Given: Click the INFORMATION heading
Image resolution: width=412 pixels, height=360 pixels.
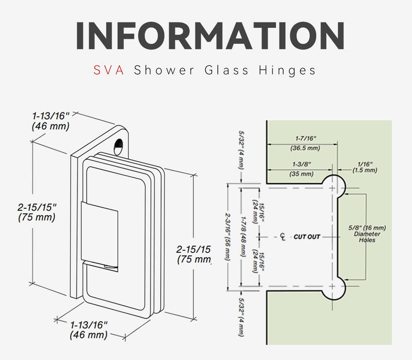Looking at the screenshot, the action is pyautogui.click(x=210, y=36).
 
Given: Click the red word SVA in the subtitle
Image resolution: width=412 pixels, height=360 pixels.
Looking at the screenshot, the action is pyautogui.click(x=109, y=70).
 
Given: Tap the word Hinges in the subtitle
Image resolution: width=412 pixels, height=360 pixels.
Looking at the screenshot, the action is pyautogui.click(x=287, y=70).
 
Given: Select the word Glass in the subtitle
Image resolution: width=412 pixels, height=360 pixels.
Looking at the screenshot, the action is pyautogui.click(x=226, y=70).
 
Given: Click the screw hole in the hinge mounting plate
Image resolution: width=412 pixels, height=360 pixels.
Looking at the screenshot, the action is pyautogui.click(x=119, y=147).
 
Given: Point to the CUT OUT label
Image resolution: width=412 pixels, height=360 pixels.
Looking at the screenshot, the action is pyautogui.click(x=307, y=237).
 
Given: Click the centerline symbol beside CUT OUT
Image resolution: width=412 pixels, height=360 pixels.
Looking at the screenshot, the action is pyautogui.click(x=283, y=237).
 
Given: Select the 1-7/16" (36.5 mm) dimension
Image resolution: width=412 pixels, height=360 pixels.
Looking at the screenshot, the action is pyautogui.click(x=305, y=143).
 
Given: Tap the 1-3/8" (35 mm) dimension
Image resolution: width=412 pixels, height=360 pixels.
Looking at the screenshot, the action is pyautogui.click(x=302, y=169).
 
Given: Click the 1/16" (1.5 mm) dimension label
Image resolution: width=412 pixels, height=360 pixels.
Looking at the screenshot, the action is pyautogui.click(x=365, y=167).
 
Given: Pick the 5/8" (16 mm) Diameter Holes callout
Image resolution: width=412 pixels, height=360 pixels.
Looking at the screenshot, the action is pyautogui.click(x=367, y=234).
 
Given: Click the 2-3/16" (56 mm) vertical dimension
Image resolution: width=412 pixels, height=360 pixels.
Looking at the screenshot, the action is pyautogui.click(x=227, y=237).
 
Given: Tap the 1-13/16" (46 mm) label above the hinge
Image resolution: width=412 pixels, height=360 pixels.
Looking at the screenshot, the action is pyautogui.click(x=51, y=121).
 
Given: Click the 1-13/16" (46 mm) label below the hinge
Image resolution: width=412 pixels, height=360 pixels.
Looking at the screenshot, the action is pyautogui.click(x=89, y=330).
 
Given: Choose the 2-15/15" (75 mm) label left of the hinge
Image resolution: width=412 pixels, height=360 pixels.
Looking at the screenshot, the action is pyautogui.click(x=37, y=212).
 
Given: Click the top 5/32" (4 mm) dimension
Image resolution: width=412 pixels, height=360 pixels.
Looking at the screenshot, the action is pyautogui.click(x=241, y=150).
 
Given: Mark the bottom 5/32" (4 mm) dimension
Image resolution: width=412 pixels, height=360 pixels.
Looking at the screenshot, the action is pyautogui.click(x=241, y=317).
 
